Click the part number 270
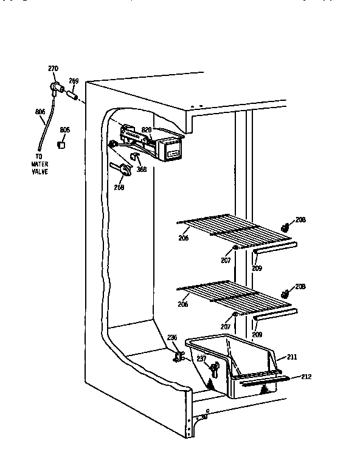[x=54, y=69]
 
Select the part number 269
[x=74, y=80]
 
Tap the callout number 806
[x=40, y=112]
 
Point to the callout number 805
[x=65, y=129]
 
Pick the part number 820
[x=146, y=129]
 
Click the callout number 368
[x=141, y=170]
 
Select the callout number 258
[x=119, y=188]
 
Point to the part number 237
[x=200, y=359]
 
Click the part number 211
[x=292, y=358]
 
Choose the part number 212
[x=306, y=377]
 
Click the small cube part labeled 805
[x=61, y=145]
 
